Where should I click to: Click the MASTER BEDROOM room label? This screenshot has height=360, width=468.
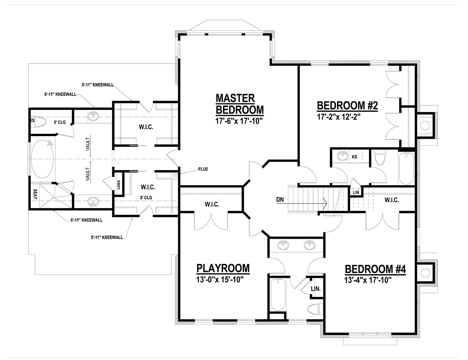coord(240,104)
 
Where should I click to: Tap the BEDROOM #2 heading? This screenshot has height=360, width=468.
coord(347,106)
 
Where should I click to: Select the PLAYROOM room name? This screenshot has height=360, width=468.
coord(223,268)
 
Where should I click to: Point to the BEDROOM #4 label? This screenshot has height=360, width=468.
coord(376,269)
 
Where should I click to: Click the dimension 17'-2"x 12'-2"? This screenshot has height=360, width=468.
coord(339,117)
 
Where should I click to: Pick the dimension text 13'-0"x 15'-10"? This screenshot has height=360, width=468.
coord(220,280)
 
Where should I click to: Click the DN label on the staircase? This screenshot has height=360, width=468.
coord(280,200)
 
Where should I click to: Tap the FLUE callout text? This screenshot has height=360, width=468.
coord(203,169)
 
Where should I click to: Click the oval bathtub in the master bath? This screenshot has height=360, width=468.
coord(42,159)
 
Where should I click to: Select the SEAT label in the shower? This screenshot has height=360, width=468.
coord(35,194)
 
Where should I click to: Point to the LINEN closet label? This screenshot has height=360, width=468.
coord(119,184)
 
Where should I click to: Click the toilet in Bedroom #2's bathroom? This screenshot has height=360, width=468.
coord(380,158)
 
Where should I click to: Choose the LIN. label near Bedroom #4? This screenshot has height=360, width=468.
coord(316,289)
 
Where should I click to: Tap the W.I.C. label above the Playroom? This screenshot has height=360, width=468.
coord(212,204)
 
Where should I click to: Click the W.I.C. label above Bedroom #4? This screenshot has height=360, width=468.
coord(392,200)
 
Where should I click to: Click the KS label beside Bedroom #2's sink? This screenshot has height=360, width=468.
coord(354,157)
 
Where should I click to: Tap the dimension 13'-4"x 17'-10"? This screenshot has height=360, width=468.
coord(368,280)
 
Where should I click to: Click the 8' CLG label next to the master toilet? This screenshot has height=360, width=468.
coord(60,122)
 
